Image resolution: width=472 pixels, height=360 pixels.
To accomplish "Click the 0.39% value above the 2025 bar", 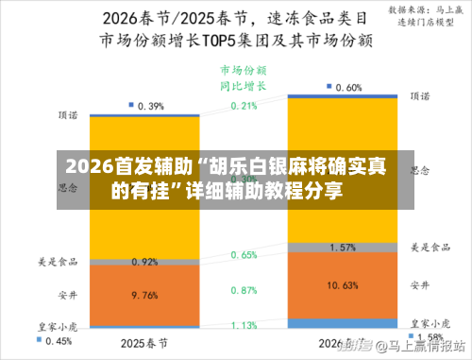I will tap(151, 106).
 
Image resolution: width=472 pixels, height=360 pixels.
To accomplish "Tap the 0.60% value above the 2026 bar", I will tap(349, 87).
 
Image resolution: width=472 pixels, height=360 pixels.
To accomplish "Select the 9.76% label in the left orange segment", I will tap(144, 294).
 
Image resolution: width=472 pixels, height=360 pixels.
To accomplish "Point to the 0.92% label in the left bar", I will tap(144, 262).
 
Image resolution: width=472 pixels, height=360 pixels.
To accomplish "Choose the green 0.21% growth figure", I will tap(244, 106).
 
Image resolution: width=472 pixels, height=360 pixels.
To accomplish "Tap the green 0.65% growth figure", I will tap(244, 255).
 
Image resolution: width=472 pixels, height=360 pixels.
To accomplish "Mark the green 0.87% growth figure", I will tap(244, 290).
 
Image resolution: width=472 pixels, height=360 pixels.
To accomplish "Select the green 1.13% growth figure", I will tap(244, 325).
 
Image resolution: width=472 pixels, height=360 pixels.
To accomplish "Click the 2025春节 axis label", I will tap(144, 341).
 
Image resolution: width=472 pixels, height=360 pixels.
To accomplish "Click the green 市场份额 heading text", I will tap(244, 70).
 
